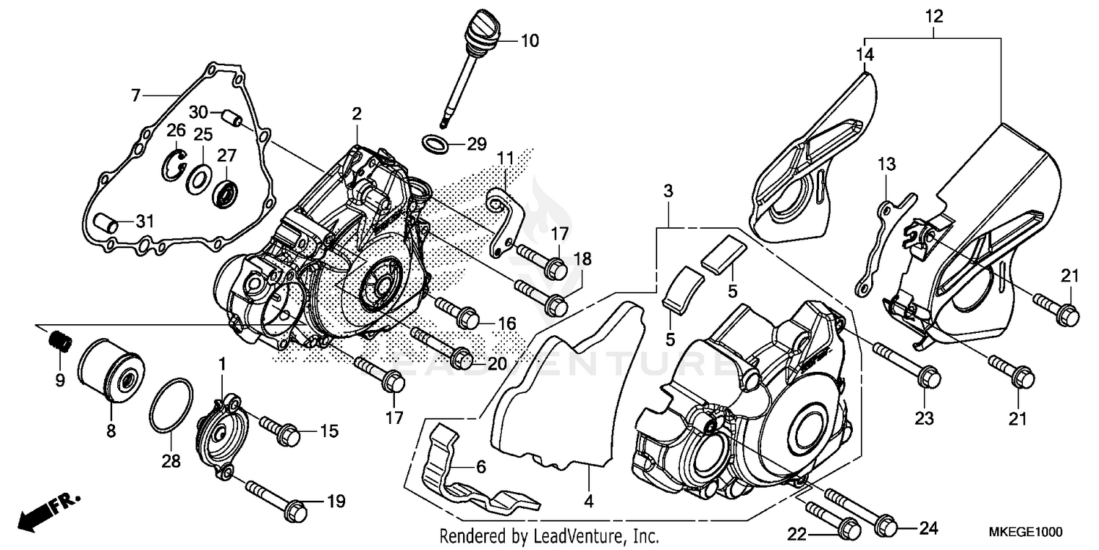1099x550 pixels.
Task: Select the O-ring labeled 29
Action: pyautogui.click(x=437, y=144)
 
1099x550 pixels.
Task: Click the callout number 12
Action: pyautogui.click(x=933, y=15)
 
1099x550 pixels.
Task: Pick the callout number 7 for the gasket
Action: pyautogui.click(x=135, y=95)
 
